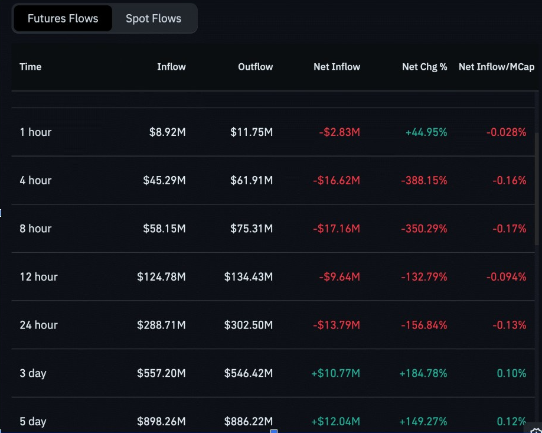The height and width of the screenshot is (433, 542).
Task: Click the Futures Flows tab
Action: click(63, 18)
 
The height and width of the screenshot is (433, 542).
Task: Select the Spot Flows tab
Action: click(154, 18)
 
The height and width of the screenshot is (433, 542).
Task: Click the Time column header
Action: click(31, 67)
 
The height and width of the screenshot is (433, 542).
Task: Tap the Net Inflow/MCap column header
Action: click(496, 67)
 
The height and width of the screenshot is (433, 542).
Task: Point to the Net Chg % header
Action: click(424, 67)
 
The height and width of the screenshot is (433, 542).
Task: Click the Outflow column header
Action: click(255, 67)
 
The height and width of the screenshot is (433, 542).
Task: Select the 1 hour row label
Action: click(35, 132)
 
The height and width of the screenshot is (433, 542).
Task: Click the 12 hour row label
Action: click(38, 277)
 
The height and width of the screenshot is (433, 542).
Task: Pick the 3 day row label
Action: click(33, 373)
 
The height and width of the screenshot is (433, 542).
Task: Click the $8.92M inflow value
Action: click(167, 132)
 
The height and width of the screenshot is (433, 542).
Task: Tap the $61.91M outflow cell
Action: click(252, 181)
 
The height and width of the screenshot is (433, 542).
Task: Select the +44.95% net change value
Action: click(426, 132)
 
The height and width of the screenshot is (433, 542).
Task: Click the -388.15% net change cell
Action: click(424, 181)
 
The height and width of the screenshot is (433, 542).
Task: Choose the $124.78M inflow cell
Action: click(161, 277)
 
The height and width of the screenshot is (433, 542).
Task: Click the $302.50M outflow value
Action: click(249, 325)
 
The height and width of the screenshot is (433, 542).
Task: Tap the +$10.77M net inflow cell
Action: click(335, 373)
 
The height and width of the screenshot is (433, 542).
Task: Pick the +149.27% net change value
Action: click(423, 421)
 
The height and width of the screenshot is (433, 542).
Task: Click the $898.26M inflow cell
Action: click(161, 421)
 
